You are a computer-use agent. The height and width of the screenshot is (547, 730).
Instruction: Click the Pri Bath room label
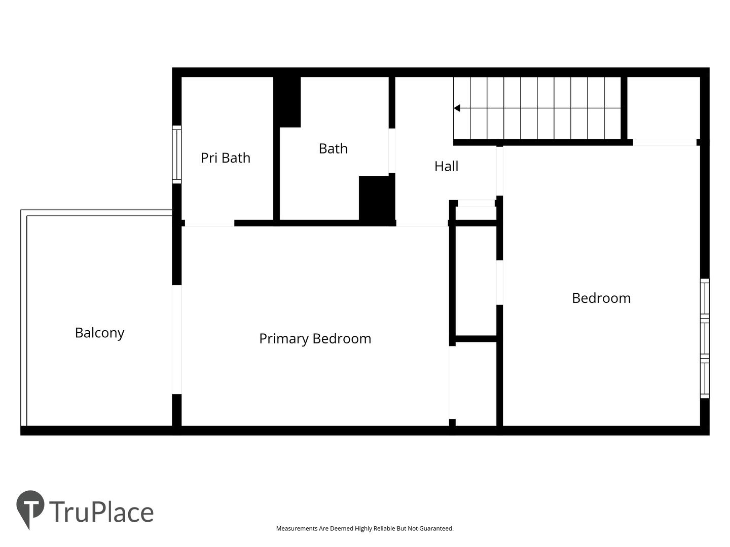pos(226,158)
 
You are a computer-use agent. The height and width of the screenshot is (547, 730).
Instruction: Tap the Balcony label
pos(99,333)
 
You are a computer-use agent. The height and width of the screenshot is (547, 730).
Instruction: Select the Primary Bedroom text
pos(315,339)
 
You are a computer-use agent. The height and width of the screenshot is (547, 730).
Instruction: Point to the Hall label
pos(446,166)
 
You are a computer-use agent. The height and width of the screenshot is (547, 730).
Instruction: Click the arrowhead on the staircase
pos(457,108)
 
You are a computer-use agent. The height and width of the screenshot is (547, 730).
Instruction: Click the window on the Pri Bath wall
pos(176,154)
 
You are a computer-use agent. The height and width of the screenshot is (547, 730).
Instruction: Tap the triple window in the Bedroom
pos(705,338)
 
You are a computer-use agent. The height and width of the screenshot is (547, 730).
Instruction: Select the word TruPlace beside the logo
pos(101,512)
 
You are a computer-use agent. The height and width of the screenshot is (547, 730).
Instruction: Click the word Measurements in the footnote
pos(297,528)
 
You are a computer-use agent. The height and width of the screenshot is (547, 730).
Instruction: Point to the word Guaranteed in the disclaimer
pos(436,528)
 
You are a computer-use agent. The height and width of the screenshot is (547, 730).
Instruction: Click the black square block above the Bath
pos(287,102)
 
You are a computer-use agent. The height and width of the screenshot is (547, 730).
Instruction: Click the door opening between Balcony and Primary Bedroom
pos(176,339)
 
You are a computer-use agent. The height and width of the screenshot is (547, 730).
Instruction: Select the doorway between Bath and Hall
pos(392,150)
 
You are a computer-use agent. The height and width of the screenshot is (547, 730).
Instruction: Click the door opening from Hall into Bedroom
pos(499,171)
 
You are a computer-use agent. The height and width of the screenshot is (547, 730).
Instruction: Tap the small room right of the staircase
pos(664,108)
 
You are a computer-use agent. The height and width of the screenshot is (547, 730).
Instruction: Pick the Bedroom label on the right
pos(601,298)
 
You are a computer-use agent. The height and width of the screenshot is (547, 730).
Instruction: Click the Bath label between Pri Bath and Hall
pos(333,148)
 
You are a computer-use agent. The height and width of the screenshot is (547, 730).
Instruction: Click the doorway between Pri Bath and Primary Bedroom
pos(209,223)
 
